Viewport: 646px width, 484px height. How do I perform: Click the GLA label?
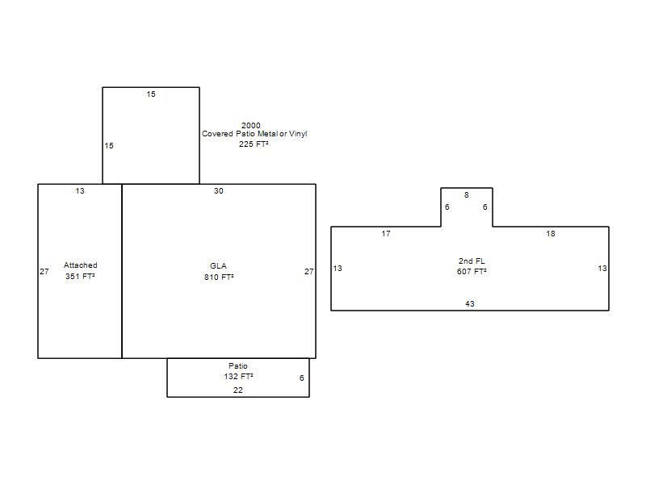pyautogui.click(x=218, y=266)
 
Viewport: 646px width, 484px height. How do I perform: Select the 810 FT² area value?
pyautogui.click(x=219, y=277)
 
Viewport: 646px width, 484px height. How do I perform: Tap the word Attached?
pyautogui.click(x=80, y=265)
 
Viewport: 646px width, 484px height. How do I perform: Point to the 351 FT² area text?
pyautogui.click(x=80, y=276)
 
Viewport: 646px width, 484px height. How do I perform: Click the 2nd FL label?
pyautogui.click(x=472, y=261)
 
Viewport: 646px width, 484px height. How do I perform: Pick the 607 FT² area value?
pyautogui.click(x=472, y=271)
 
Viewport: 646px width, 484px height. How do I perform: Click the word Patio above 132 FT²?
pyautogui.click(x=238, y=365)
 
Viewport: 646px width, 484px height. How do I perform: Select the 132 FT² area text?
pyautogui.click(x=238, y=376)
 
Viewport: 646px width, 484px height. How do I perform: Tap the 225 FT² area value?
pyautogui.click(x=254, y=144)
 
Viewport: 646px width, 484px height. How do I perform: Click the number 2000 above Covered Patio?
pyautogui.click(x=251, y=125)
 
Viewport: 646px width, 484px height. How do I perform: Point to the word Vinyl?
pyautogui.click(x=298, y=134)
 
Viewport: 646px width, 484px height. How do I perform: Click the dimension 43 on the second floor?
pyautogui.click(x=470, y=304)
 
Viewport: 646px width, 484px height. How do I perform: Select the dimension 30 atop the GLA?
pyautogui.click(x=219, y=190)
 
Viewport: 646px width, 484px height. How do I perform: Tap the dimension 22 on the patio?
pyautogui.click(x=238, y=390)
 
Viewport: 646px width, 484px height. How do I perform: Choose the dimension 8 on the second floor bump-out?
pyautogui.click(x=467, y=194)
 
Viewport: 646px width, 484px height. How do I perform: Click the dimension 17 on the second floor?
pyautogui.click(x=386, y=234)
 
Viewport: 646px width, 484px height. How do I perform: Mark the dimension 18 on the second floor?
pyautogui.click(x=551, y=234)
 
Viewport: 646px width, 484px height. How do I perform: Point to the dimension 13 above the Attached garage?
pyautogui.click(x=80, y=190)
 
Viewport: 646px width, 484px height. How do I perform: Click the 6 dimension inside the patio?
pyautogui.click(x=301, y=378)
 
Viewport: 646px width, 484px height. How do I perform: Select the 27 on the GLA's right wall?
pyautogui.click(x=309, y=271)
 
